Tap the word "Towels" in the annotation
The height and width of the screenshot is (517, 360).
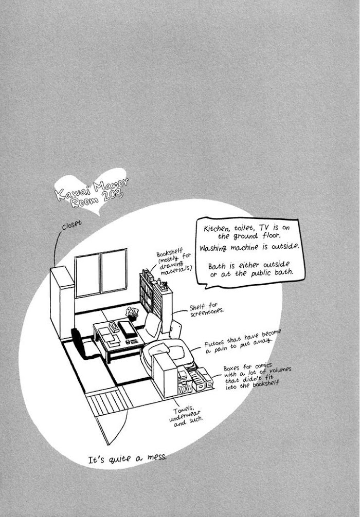(183, 410)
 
